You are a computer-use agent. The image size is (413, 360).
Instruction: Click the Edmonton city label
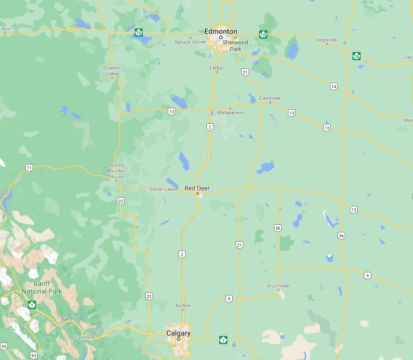tap(221, 31)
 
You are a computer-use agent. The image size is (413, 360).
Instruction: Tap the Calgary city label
tap(178, 333)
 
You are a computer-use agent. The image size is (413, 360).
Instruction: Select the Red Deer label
tap(197, 188)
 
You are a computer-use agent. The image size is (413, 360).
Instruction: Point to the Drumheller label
tap(278, 286)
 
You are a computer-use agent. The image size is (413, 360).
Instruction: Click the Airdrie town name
tap(183, 306)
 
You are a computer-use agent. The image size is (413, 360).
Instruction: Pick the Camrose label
tap(270, 98)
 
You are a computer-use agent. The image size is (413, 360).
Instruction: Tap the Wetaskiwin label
tap(231, 113)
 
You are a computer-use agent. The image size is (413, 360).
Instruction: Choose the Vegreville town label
tap(327, 39)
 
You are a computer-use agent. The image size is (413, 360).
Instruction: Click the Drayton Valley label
tap(112, 71)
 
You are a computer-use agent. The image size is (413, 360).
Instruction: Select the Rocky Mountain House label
tap(116, 171)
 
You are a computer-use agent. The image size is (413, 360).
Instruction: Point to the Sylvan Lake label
tap(163, 189)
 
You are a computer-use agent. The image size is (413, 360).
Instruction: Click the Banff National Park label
tap(42, 288)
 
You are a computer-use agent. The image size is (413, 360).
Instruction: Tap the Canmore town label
tap(84, 337)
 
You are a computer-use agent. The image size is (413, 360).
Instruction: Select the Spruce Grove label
tap(190, 42)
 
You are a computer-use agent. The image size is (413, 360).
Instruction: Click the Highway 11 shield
tap(29, 168)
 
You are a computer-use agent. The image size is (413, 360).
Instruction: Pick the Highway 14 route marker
tap(333, 87)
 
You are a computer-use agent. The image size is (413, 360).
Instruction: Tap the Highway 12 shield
tap(354, 209)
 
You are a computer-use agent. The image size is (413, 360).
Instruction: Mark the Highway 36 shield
tap(341, 235)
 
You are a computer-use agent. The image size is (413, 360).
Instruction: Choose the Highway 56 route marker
tap(278, 228)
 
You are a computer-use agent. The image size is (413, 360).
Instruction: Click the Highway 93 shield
tap(33, 355)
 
